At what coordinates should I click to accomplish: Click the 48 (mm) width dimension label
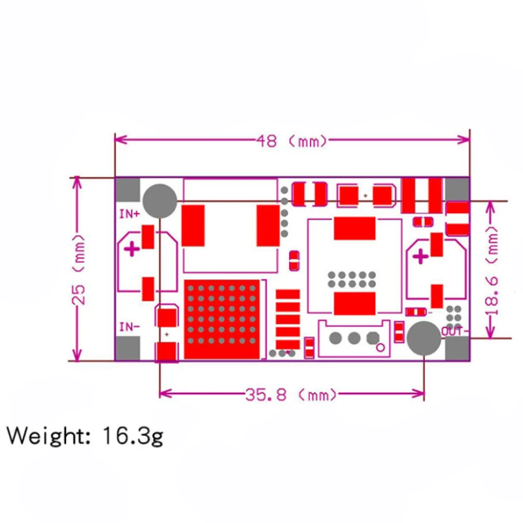(x=292, y=141)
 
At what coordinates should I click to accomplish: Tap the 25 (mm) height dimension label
(x=80, y=269)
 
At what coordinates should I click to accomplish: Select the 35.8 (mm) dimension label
(x=291, y=395)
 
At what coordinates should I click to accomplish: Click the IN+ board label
(x=129, y=214)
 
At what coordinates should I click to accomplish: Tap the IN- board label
(x=129, y=327)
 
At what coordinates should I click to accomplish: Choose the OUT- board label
(x=455, y=331)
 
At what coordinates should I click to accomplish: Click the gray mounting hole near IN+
(x=160, y=201)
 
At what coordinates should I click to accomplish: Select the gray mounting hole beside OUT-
(x=424, y=338)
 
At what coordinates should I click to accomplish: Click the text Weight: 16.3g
(x=85, y=435)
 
